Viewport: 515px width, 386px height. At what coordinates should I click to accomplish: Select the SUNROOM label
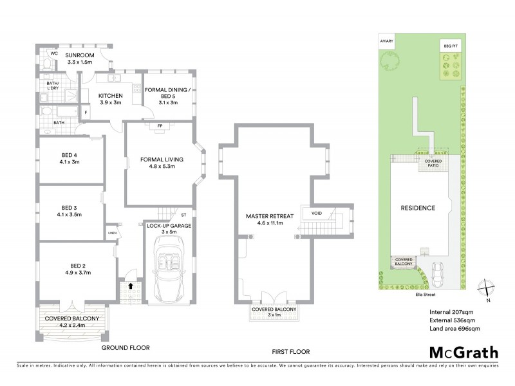(x=80, y=56)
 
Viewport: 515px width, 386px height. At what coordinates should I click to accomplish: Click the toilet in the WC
(x=47, y=63)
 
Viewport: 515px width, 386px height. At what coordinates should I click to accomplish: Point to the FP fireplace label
(x=158, y=126)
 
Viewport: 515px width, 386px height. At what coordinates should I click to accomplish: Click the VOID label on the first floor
(x=316, y=212)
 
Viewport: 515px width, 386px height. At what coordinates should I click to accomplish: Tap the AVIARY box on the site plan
(x=386, y=41)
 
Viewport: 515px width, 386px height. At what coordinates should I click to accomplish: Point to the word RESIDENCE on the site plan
(x=418, y=208)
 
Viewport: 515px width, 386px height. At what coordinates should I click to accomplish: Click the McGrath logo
(x=463, y=353)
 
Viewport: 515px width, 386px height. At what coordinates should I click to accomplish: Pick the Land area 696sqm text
(x=454, y=329)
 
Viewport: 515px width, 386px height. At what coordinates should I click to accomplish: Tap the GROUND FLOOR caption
(x=126, y=347)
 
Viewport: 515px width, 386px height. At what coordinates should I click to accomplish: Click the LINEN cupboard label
(x=112, y=234)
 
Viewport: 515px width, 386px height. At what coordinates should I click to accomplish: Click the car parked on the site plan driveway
(x=438, y=275)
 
